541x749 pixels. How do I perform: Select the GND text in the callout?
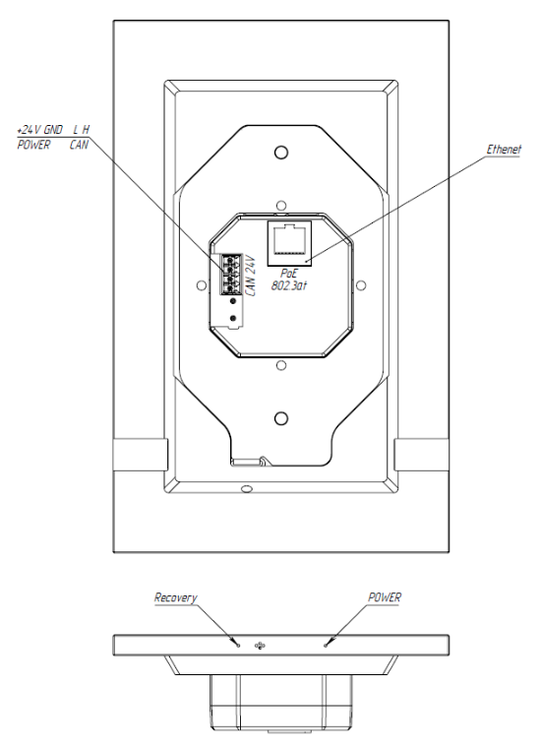coord(53,130)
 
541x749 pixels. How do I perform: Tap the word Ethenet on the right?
coord(504,149)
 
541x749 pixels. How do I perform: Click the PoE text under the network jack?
coord(288,274)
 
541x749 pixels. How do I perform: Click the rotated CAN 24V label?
coord(251,277)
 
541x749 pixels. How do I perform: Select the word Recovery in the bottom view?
coord(175,597)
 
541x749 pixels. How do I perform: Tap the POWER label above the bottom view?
coord(385,597)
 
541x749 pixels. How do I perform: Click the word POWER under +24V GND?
coord(33,145)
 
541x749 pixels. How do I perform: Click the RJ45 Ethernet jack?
coord(289,243)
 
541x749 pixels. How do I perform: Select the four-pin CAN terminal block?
coord(230,274)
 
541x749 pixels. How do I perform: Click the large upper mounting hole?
coord(281,153)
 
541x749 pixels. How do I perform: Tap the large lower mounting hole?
coord(281,418)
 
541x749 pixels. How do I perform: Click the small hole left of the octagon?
coord(202,285)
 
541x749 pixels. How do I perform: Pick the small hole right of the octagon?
coord(361,285)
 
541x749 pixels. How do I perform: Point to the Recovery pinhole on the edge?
coord(238,646)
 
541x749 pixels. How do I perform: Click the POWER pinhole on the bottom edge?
coord(326,646)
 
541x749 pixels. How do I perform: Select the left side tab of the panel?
coord(140,455)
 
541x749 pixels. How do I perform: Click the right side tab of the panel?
coord(421,455)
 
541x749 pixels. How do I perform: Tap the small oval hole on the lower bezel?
coord(247,488)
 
